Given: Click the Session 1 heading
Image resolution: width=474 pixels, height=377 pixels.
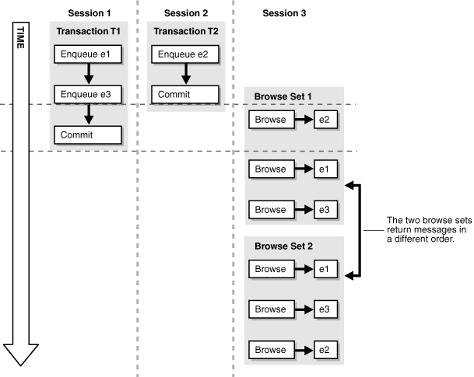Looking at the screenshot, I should (89, 13).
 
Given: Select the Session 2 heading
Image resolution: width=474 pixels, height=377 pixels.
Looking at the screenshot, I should (184, 13).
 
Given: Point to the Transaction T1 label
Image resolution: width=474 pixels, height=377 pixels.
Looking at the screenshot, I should (89, 32).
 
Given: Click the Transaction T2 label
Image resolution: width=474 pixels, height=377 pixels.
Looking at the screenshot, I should (184, 32).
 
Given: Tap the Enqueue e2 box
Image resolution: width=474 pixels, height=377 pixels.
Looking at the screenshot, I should (184, 54).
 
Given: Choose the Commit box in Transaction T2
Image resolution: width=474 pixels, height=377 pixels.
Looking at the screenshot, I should (184, 94).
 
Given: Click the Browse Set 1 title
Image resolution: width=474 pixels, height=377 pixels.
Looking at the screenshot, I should (282, 97).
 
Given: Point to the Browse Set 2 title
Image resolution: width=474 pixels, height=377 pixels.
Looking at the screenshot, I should (282, 246).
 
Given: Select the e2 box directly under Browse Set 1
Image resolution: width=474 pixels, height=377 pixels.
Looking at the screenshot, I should (326, 120).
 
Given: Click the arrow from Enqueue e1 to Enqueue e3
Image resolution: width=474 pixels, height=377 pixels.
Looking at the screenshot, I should (89, 74).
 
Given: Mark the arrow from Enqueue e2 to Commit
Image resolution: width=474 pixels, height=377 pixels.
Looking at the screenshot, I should (184, 74).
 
